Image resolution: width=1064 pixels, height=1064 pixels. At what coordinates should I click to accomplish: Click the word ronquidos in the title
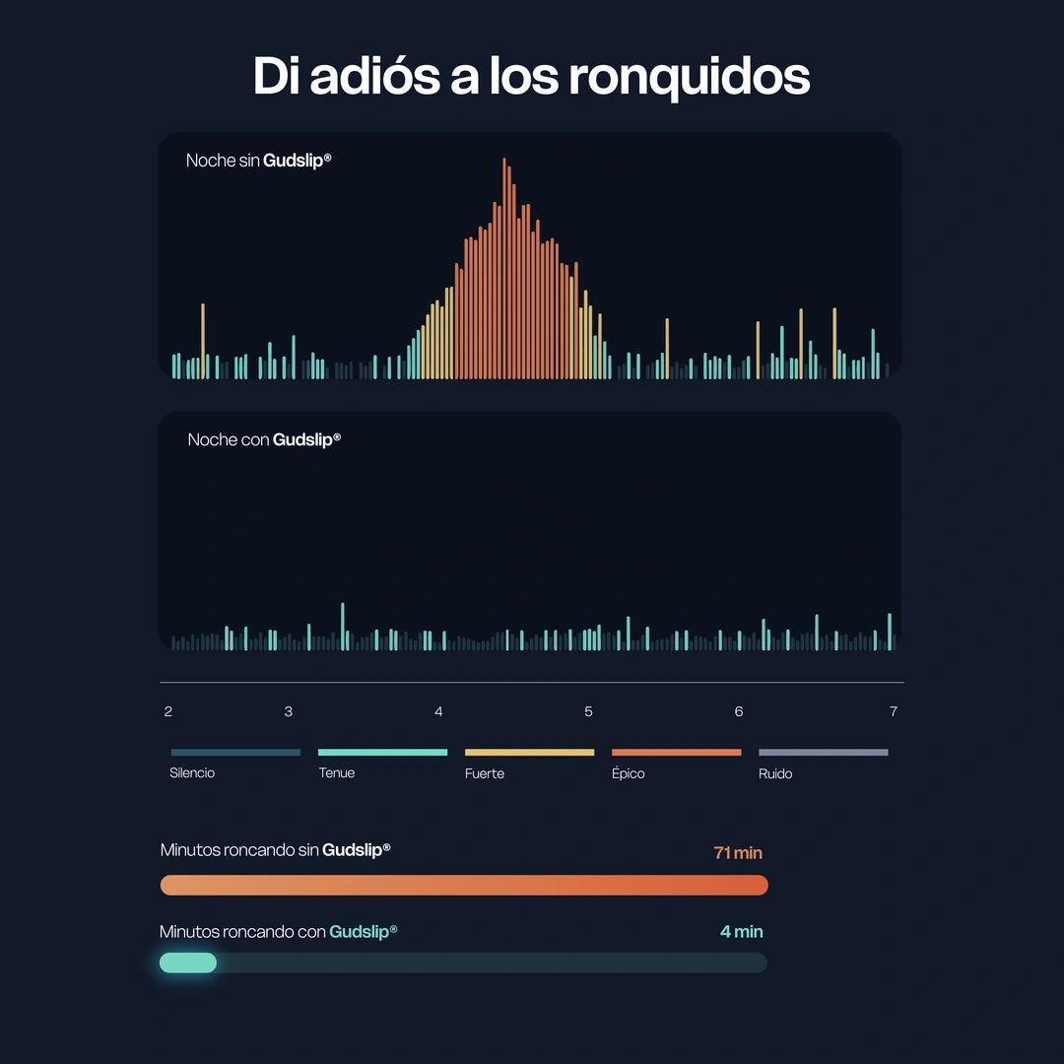pyautogui.click(x=689, y=78)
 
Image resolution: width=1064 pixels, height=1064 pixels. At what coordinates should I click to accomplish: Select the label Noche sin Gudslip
pyautogui.click(x=258, y=161)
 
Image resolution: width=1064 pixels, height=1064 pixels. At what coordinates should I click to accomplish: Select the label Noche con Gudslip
pyautogui.click(x=264, y=439)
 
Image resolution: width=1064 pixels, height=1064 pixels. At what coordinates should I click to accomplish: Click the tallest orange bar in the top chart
pyautogui.click(x=504, y=268)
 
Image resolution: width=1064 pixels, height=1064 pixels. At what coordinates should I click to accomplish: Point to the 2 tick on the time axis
pyautogui.click(x=168, y=711)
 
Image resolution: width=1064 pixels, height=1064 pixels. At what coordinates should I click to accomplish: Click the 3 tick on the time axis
pyautogui.click(x=289, y=711)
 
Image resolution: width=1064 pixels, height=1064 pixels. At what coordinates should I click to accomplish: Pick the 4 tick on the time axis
pyautogui.click(x=438, y=711)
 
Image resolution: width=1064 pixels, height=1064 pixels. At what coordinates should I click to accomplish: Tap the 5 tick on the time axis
pyautogui.click(x=588, y=711)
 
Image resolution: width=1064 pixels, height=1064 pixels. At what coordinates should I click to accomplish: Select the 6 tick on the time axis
pyautogui.click(x=738, y=711)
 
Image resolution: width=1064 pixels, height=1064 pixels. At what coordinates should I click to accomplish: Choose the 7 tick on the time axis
pyautogui.click(x=893, y=711)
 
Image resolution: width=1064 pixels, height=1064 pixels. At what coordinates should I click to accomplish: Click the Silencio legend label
pyautogui.click(x=192, y=773)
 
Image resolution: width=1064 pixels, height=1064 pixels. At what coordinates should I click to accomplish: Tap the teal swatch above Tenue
pyautogui.click(x=382, y=752)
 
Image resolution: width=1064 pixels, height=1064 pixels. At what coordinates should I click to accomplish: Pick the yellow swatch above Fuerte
pyautogui.click(x=529, y=752)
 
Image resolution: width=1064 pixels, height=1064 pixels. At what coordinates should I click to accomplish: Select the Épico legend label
pyautogui.click(x=628, y=773)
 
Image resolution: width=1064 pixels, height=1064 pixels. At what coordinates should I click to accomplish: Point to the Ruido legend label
pyautogui.click(x=775, y=773)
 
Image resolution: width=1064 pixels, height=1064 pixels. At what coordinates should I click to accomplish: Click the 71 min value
pyautogui.click(x=738, y=853)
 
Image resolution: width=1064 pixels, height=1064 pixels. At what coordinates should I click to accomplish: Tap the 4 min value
pyautogui.click(x=741, y=932)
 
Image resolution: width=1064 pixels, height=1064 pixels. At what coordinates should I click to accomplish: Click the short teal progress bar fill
pyautogui.click(x=188, y=963)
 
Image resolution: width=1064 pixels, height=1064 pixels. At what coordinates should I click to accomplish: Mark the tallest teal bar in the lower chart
pyautogui.click(x=343, y=627)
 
